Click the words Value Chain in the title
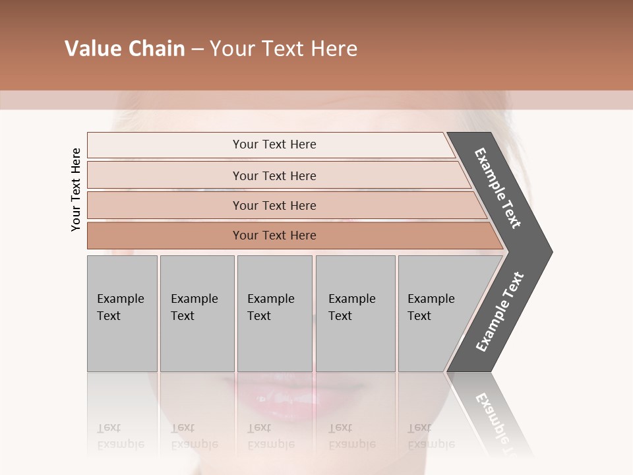click(125, 49)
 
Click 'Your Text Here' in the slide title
click(284, 49)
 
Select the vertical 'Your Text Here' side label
click(76, 189)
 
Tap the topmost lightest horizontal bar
click(274, 144)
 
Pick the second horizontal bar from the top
click(274, 175)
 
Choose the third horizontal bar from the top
click(274, 205)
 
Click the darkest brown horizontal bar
click(274, 236)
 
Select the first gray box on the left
click(122, 313)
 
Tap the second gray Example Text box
click(196, 313)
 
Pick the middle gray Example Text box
click(274, 313)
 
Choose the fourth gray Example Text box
click(355, 313)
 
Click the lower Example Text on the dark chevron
click(500, 312)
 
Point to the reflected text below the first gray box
click(120, 436)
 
